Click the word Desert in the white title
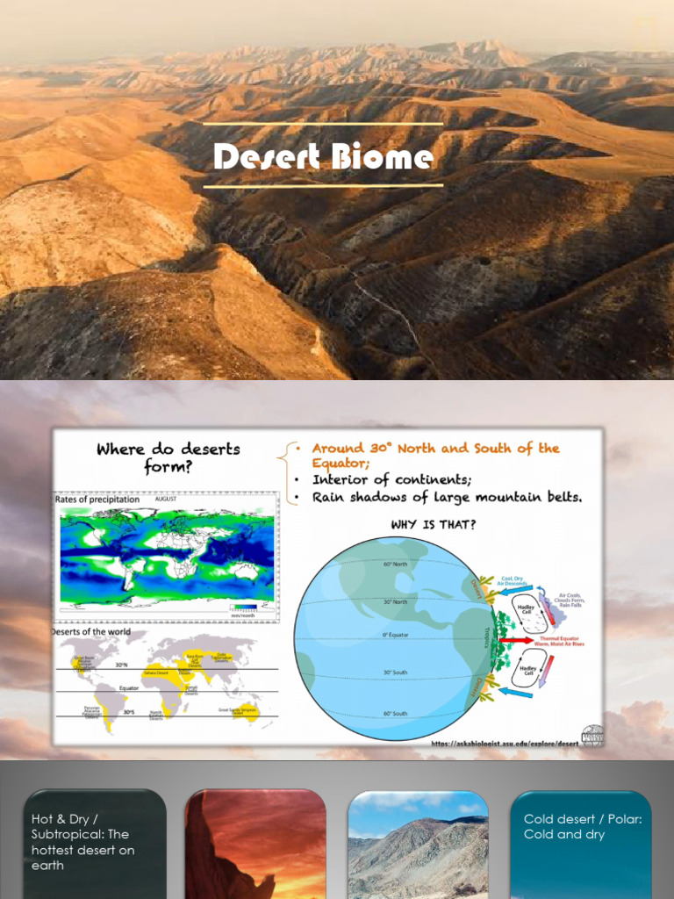tap(267, 157)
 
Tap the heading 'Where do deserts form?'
tap(168, 457)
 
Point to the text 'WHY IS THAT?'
tap(435, 525)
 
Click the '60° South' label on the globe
tap(393, 713)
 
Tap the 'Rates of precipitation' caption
tap(97, 500)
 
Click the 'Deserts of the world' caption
tap(91, 631)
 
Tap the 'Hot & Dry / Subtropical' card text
tap(83, 841)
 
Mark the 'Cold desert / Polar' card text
tap(583, 826)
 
